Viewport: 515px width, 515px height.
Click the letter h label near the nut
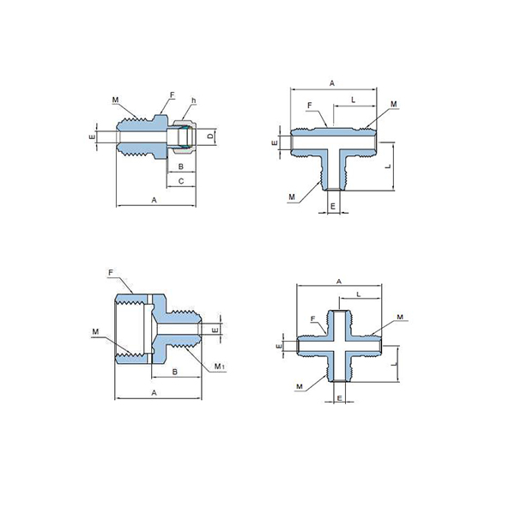click(x=194, y=100)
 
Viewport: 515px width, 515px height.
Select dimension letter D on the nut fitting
click(x=211, y=136)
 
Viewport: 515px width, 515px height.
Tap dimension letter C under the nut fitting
click(x=181, y=181)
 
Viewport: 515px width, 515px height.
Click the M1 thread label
click(x=219, y=366)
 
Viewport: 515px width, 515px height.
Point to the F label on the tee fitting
click(x=309, y=106)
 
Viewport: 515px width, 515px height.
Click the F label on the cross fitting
click(x=312, y=318)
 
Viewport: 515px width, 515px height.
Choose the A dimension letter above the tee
click(x=332, y=83)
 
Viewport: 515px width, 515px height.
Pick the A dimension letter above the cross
click(x=339, y=282)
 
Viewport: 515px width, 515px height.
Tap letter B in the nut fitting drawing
click(x=180, y=167)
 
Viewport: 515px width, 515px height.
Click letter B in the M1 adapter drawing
click(x=175, y=372)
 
